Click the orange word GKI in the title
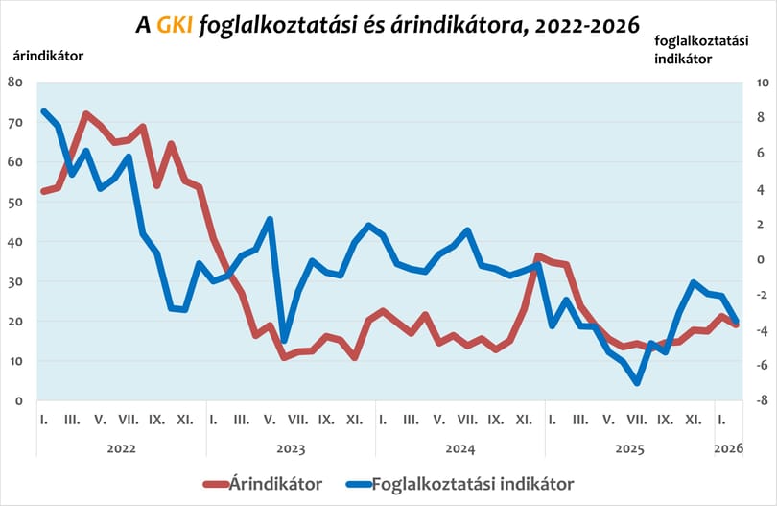point(175,25)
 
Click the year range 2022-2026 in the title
point(587,25)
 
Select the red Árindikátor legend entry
point(263,484)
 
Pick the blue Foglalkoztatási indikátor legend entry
point(459,484)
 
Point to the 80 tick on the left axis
point(15,83)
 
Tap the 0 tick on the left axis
point(19,400)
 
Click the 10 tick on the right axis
point(762,83)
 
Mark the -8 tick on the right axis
point(762,400)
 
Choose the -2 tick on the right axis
point(762,295)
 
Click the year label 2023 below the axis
point(291,449)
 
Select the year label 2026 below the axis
point(728,448)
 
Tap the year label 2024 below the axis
point(460,449)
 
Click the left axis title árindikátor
point(48,56)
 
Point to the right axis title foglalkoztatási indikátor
point(701,50)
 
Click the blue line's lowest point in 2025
point(637,383)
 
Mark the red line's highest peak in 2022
point(85,114)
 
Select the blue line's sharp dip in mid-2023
point(284,341)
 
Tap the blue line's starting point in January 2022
point(43,111)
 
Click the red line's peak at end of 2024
point(539,256)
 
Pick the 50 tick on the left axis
point(15,202)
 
